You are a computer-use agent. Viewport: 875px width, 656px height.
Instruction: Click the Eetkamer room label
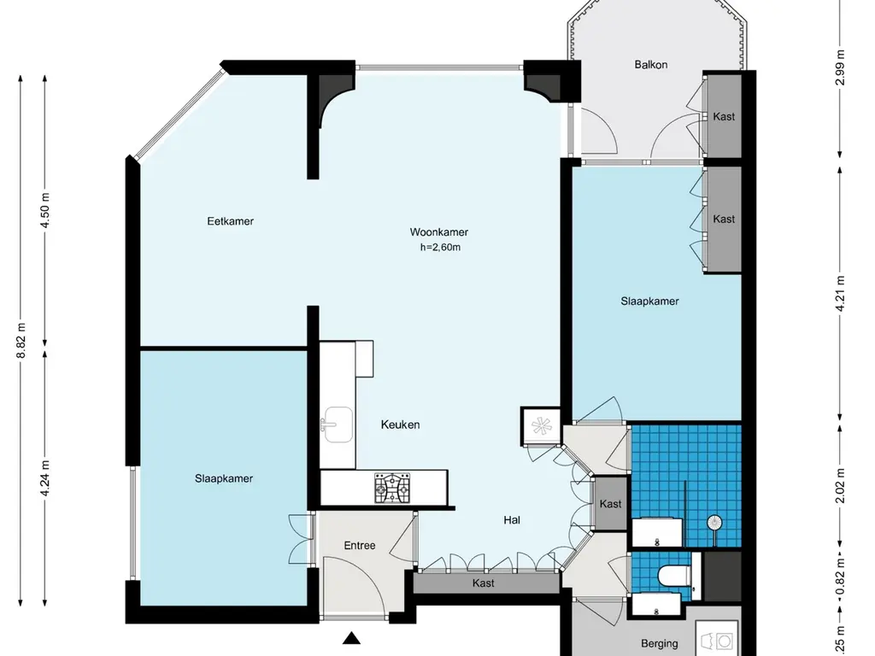230,221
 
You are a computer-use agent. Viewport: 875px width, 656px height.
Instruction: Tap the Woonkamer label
438,232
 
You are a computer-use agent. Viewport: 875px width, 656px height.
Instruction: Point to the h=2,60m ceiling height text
440,247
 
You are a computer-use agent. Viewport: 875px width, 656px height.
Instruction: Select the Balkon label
650,65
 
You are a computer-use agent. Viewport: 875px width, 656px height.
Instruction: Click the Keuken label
400,425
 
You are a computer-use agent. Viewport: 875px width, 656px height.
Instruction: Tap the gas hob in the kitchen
392,488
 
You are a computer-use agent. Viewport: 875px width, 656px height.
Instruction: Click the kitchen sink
337,425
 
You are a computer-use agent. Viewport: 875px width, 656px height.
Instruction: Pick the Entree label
360,546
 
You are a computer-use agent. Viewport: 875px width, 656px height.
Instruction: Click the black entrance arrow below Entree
351,637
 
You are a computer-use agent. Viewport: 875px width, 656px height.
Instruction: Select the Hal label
512,520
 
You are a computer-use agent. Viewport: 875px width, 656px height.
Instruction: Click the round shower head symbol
714,523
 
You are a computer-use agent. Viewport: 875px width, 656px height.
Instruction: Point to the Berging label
660,644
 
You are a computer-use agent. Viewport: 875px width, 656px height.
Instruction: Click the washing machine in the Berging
717,639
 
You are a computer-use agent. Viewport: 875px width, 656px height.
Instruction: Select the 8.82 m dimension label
21,341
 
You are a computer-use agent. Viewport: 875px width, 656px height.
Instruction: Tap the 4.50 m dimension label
46,210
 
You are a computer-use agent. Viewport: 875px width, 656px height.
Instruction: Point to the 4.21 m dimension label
841,294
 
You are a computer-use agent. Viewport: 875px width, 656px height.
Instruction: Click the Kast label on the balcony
723,116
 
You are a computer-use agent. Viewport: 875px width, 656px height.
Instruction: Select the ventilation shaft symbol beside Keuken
541,427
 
